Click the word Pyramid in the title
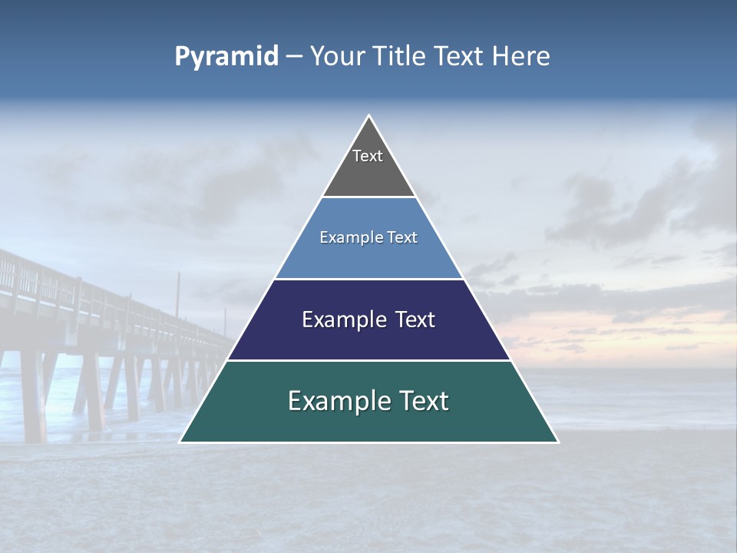coord(226,57)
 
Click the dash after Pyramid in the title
coord(293,57)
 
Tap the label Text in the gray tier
coord(368,156)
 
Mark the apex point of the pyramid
coord(368,116)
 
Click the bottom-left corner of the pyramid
coord(180,442)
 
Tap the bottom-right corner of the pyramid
coord(557,442)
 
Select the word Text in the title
coord(459,57)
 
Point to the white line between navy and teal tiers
coord(368,360)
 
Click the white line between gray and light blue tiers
coord(368,197)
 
